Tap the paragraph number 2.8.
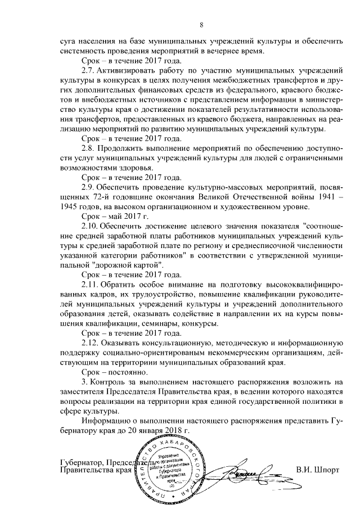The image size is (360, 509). click(88, 148)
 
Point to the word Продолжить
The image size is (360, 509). click(119, 148)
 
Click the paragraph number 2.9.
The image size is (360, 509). click(88, 187)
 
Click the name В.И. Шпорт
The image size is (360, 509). click(317, 469)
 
